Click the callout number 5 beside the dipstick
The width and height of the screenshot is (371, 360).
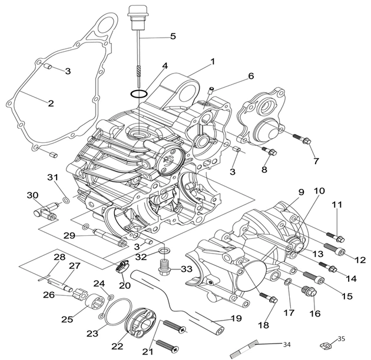[x=173, y=36]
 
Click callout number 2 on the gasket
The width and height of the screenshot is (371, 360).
[x=51, y=103]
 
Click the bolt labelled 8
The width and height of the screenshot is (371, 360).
[x=271, y=152]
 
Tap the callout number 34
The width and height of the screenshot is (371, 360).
[x=286, y=344]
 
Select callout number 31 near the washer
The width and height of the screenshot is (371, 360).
[x=52, y=178]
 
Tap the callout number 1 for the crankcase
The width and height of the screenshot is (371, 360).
[x=212, y=61]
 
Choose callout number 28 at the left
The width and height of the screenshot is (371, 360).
[x=59, y=256]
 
